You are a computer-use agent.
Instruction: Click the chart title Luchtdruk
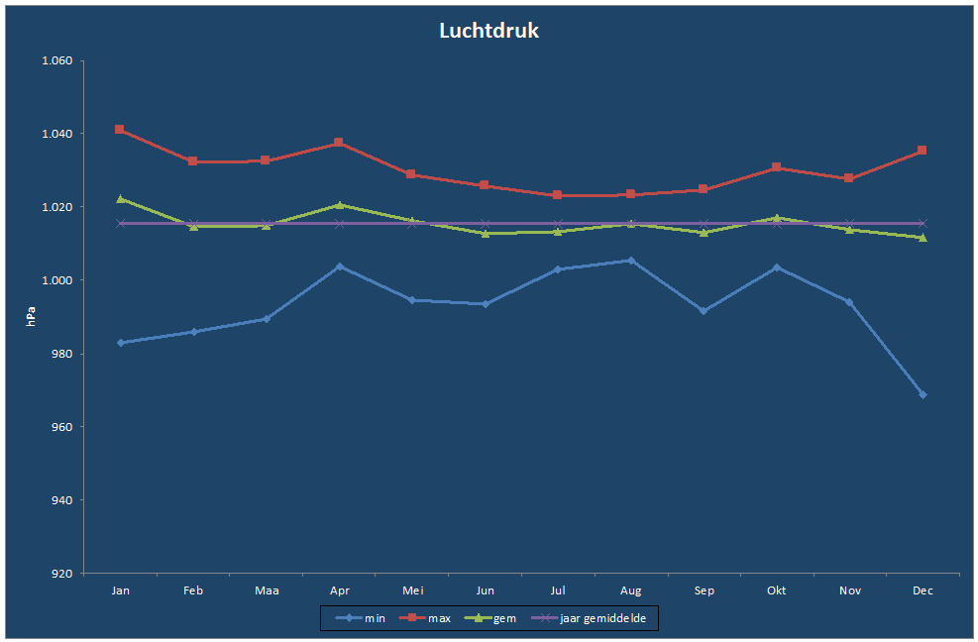point(489,31)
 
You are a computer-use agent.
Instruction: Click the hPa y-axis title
point(31,316)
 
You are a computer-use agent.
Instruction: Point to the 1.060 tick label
point(56,60)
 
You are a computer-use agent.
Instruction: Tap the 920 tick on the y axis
point(62,574)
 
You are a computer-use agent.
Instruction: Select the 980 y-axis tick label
point(62,354)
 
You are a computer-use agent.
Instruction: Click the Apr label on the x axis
point(339,590)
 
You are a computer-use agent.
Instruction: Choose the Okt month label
point(777,590)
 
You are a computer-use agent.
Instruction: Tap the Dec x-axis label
point(923,590)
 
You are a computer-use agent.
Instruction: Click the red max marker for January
point(120,130)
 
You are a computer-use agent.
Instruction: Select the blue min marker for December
point(924,395)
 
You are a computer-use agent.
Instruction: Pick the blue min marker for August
point(631,261)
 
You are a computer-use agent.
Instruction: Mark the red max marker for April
point(339,143)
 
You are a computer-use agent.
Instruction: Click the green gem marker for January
point(121,199)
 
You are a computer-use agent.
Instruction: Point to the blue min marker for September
point(704,311)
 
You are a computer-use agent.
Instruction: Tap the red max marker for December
point(922,151)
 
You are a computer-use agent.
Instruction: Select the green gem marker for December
point(924,238)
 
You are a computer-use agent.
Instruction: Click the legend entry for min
point(361,618)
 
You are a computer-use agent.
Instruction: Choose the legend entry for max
point(425,618)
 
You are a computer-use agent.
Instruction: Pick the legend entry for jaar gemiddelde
point(589,618)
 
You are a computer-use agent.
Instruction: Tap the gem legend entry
point(490,618)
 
